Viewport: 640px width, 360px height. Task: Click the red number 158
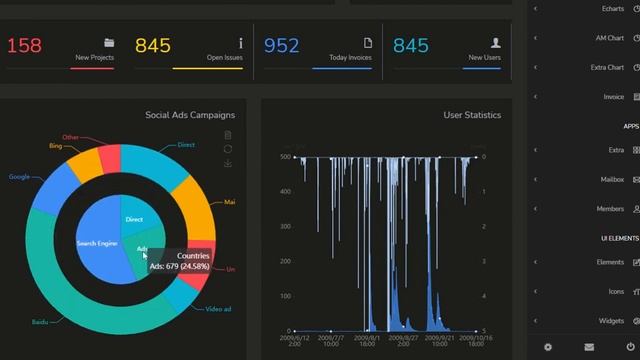click(25, 45)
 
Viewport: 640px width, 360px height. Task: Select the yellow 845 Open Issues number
click(153, 45)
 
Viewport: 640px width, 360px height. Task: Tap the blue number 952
click(282, 45)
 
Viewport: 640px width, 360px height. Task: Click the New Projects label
click(94, 58)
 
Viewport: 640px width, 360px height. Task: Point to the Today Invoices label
click(351, 58)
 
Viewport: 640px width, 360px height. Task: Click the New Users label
click(484, 58)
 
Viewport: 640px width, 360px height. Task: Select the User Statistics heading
click(472, 115)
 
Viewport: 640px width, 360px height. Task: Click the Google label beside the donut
click(19, 177)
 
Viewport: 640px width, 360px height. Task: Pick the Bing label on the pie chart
click(55, 146)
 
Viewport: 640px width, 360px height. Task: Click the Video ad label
click(219, 309)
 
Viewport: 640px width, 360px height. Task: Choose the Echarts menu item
click(613, 9)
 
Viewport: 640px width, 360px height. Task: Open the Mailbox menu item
click(611, 180)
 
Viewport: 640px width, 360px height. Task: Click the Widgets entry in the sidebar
click(611, 321)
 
